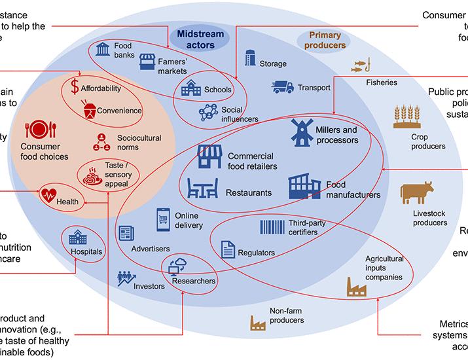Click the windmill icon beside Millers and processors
pos(301,133)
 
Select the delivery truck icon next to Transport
pos(283,86)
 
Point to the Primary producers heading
pos(325,41)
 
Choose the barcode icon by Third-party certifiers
pos(271,227)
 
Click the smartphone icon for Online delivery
pos(164,219)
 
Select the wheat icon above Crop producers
pos(406,116)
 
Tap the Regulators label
pos(257,253)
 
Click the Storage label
pos(273,63)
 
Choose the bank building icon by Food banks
pos(103,49)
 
